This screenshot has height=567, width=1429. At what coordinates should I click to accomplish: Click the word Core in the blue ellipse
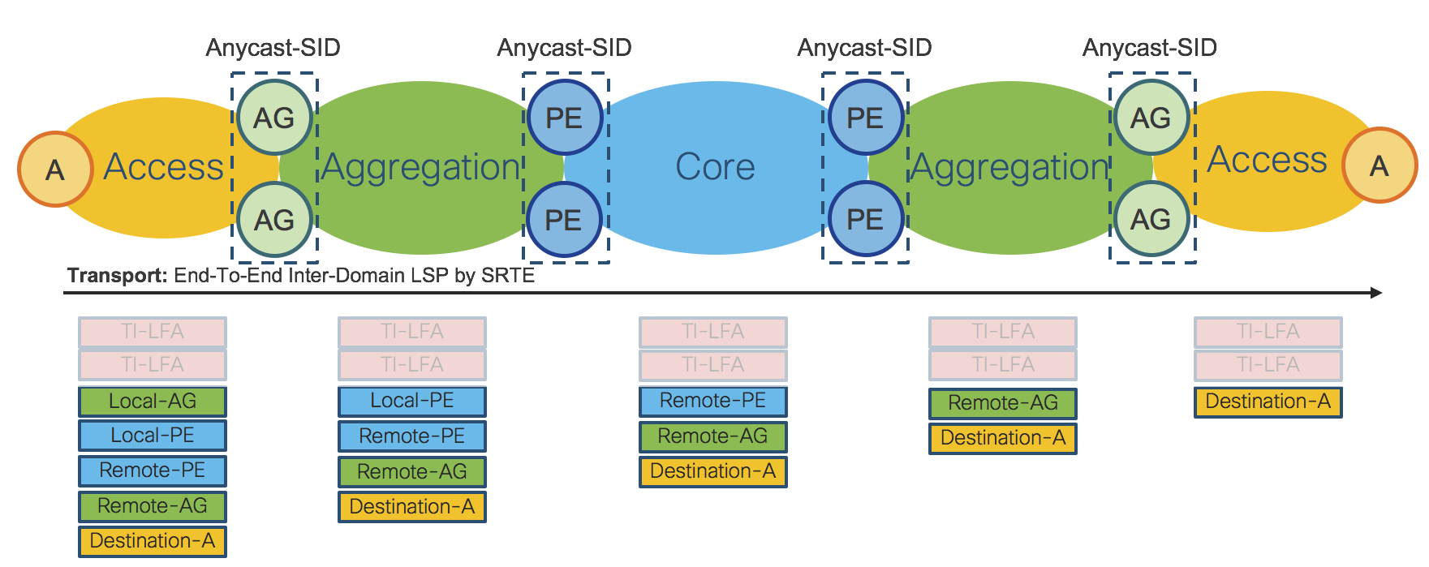pos(715,167)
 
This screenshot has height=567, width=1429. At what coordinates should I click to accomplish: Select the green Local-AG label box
pos(153,402)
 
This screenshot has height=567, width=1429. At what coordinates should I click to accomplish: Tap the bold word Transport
pos(117,276)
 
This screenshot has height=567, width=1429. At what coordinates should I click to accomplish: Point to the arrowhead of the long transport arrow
pos(1375,293)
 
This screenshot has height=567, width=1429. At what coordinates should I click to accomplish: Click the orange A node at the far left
pos(55,169)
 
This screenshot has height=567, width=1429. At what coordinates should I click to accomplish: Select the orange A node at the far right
pos(1380,165)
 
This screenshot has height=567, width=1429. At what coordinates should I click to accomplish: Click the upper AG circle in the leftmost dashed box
pos(274,118)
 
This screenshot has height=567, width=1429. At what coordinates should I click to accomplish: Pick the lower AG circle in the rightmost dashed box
pos(1151,219)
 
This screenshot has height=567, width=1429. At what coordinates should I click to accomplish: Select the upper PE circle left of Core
pos(564,118)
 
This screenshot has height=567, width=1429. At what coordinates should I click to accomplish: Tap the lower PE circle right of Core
pos(865,219)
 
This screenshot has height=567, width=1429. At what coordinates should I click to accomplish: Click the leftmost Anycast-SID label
pos(273,48)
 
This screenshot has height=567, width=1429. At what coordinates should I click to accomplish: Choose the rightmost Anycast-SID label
pos(1149,48)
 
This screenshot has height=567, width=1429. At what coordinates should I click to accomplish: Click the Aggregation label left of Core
pos(421,167)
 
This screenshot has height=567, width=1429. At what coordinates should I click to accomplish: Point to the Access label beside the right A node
pos(1267,160)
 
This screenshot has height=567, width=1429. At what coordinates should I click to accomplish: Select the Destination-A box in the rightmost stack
pos(1268,402)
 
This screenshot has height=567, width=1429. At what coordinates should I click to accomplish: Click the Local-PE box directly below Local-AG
pos(153,436)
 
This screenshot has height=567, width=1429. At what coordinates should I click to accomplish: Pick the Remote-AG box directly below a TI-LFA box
pos(1003,403)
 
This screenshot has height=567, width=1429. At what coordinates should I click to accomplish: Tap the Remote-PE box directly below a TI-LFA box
pos(712,401)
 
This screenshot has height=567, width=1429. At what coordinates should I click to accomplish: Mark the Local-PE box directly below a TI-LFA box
pos(412,401)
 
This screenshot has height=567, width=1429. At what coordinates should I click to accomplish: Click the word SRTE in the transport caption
pos(508,276)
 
